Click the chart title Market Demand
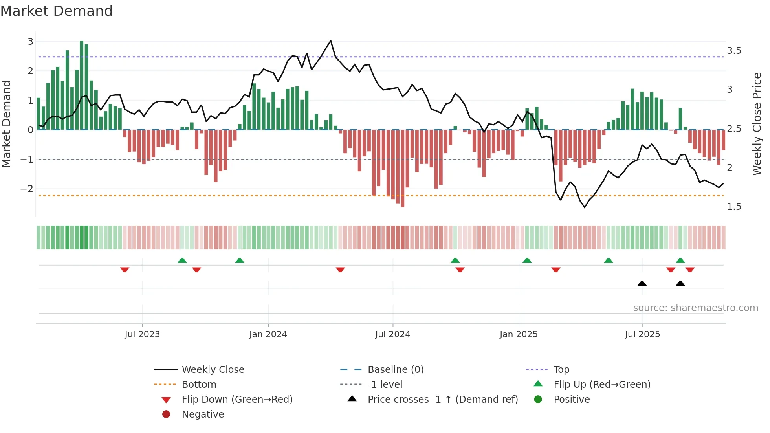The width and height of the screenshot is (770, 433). (x=57, y=11)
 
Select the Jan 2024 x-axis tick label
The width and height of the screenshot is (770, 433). (x=268, y=334)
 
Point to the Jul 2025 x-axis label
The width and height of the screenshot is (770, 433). (x=642, y=334)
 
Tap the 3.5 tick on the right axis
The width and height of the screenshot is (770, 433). (x=733, y=51)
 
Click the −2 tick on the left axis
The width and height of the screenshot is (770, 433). (x=27, y=189)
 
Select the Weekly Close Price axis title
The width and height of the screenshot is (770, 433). (x=757, y=124)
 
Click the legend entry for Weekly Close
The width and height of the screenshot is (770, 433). (x=213, y=370)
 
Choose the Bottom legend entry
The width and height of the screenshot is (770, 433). (x=199, y=385)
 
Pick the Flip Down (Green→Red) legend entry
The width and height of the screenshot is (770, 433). (x=237, y=400)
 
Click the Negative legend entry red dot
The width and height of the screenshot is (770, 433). (x=166, y=415)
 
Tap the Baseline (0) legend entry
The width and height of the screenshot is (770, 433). (x=395, y=370)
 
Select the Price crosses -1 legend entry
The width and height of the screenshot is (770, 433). (x=442, y=400)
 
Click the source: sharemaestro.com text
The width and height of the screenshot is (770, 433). (x=695, y=308)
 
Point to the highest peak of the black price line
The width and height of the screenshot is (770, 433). (x=331, y=41)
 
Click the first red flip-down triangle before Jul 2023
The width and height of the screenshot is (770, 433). (x=125, y=270)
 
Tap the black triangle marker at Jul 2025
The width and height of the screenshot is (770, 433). (x=642, y=283)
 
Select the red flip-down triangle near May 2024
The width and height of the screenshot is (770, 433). (x=340, y=270)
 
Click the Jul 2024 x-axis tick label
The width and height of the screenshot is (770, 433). (x=392, y=334)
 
